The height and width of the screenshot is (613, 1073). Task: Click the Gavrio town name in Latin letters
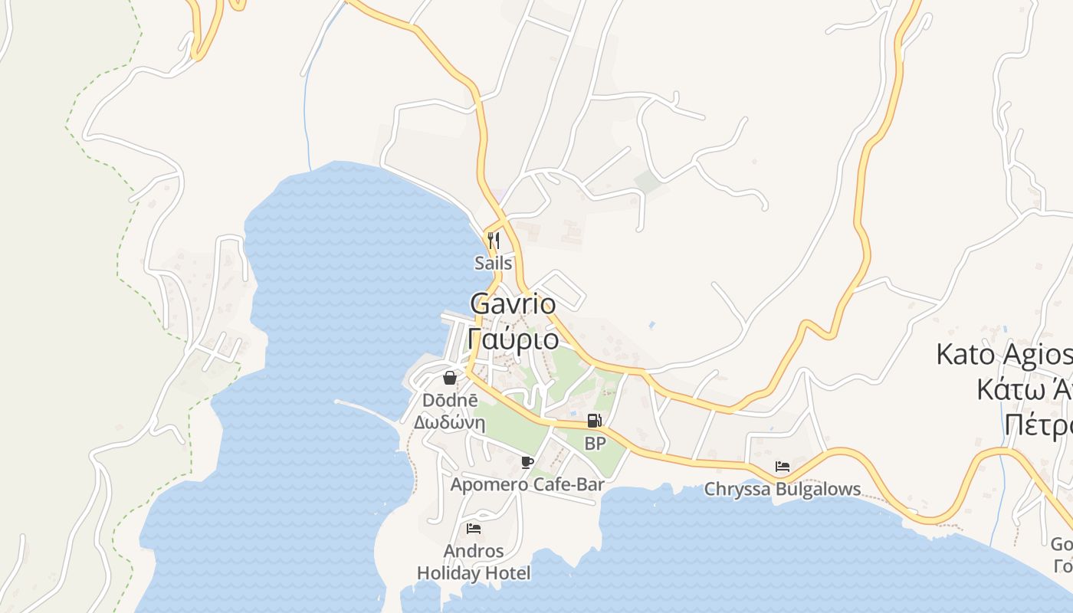[513, 304]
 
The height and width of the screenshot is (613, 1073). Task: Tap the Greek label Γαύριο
[513, 338]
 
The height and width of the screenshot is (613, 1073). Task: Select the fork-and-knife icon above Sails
[494, 241]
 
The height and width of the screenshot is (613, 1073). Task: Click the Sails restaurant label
[493, 263]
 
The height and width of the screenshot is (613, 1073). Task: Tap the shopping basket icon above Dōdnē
[450, 378]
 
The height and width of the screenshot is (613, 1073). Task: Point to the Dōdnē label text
[450, 400]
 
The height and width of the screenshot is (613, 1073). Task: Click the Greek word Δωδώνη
[450, 422]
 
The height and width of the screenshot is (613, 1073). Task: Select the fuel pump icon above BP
[594, 421]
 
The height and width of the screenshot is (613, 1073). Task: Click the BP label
[595, 443]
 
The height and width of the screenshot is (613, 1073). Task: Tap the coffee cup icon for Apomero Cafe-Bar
[527, 462]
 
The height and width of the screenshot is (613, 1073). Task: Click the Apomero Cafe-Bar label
[527, 484]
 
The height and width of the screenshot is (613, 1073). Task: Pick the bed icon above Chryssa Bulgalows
[783, 466]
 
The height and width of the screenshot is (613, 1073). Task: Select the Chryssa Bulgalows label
[783, 489]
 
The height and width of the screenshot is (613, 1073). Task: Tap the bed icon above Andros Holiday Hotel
[474, 528]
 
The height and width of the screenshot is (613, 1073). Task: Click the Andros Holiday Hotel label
[474, 562]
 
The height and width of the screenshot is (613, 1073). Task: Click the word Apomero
[489, 484]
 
